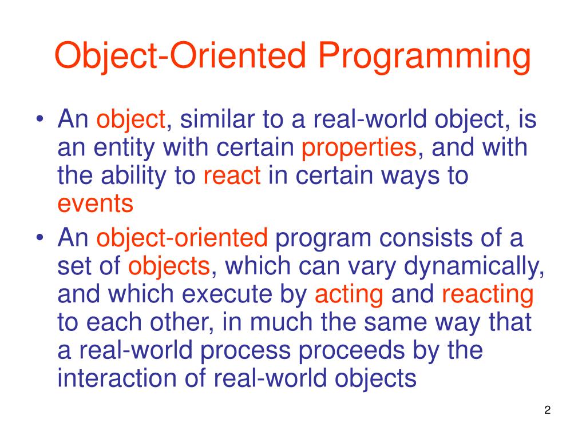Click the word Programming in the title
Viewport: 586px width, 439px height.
click(425, 58)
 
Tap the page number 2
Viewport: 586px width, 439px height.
click(548, 410)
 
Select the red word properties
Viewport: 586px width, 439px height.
click(359, 149)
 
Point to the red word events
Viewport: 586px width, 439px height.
click(96, 203)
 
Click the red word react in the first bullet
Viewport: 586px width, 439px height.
click(232, 176)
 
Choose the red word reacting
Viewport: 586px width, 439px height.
click(488, 294)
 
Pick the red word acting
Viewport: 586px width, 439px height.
click(349, 294)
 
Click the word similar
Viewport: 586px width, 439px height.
click(214, 120)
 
